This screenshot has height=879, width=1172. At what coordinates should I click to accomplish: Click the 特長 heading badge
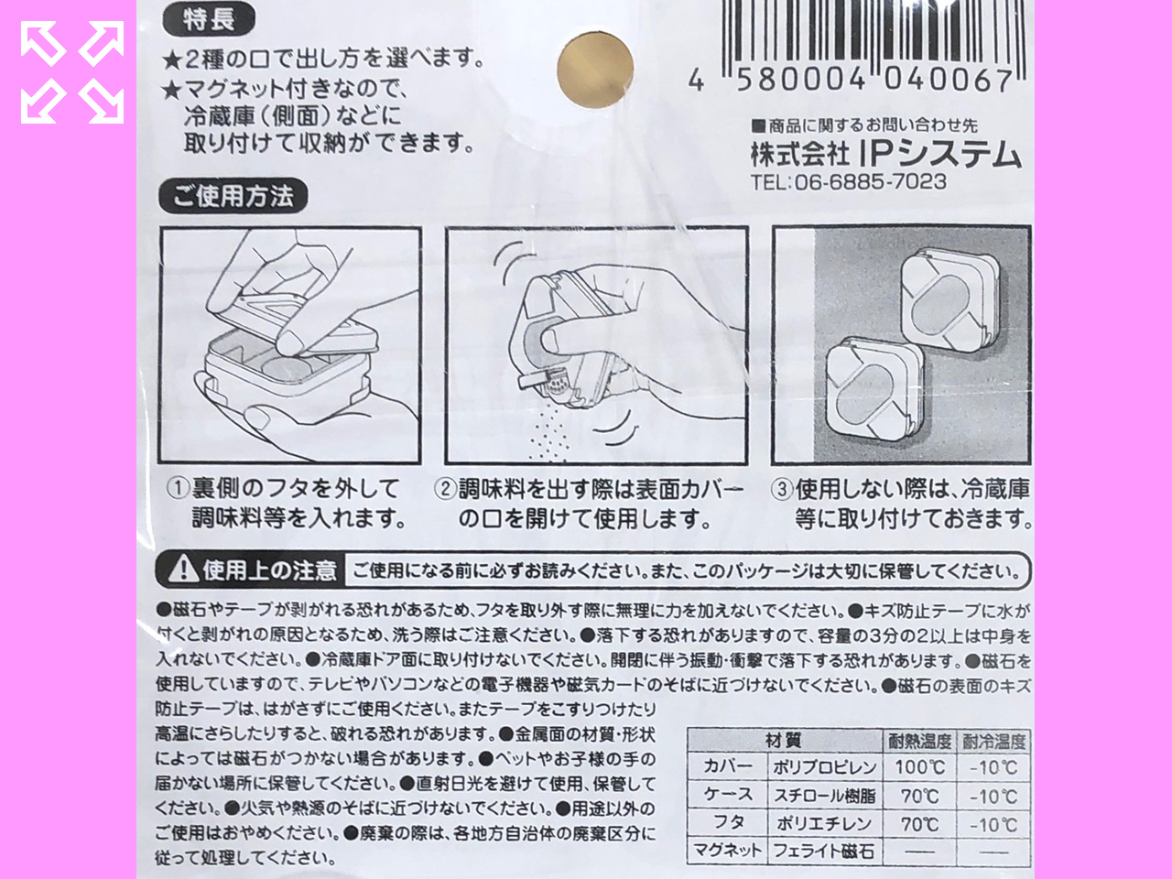(209, 21)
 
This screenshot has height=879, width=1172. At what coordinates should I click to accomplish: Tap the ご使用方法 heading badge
(233, 196)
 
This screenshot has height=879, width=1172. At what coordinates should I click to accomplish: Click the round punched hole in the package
(595, 70)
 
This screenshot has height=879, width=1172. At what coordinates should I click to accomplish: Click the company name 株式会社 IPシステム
(886, 154)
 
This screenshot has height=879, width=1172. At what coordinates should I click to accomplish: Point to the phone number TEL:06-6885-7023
(849, 182)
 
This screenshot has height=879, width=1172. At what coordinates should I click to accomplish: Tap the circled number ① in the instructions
(178, 488)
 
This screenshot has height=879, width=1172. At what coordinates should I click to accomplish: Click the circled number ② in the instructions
(445, 489)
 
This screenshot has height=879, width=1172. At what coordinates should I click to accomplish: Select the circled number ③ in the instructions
(782, 489)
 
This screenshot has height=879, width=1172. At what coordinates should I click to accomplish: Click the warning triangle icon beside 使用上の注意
(183, 568)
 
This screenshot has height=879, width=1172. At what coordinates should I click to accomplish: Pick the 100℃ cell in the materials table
(919, 767)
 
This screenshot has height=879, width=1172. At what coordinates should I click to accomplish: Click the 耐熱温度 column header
(919, 741)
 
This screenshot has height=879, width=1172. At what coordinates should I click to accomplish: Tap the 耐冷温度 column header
(993, 741)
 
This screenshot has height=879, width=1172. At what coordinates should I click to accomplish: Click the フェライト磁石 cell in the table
(824, 851)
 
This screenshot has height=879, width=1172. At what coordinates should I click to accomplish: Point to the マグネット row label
(727, 851)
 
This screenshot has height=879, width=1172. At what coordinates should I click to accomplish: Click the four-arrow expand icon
(72, 72)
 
